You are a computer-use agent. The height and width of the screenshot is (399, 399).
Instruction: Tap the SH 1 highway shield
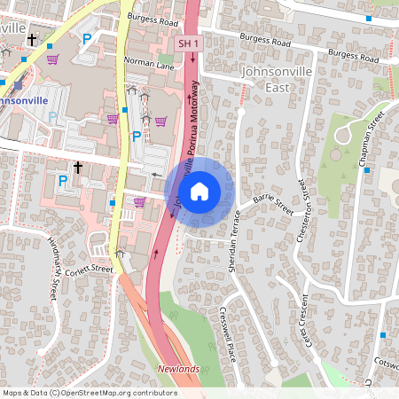pos(188,43)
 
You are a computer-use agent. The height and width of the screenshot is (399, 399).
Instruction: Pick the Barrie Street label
pos(273,207)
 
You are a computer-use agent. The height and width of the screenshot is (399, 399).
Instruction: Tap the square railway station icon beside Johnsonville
pos(16,85)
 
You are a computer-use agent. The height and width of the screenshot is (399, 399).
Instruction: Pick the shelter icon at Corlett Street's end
pos(120,254)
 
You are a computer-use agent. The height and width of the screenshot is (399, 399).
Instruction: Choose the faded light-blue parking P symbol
pos(53,116)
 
